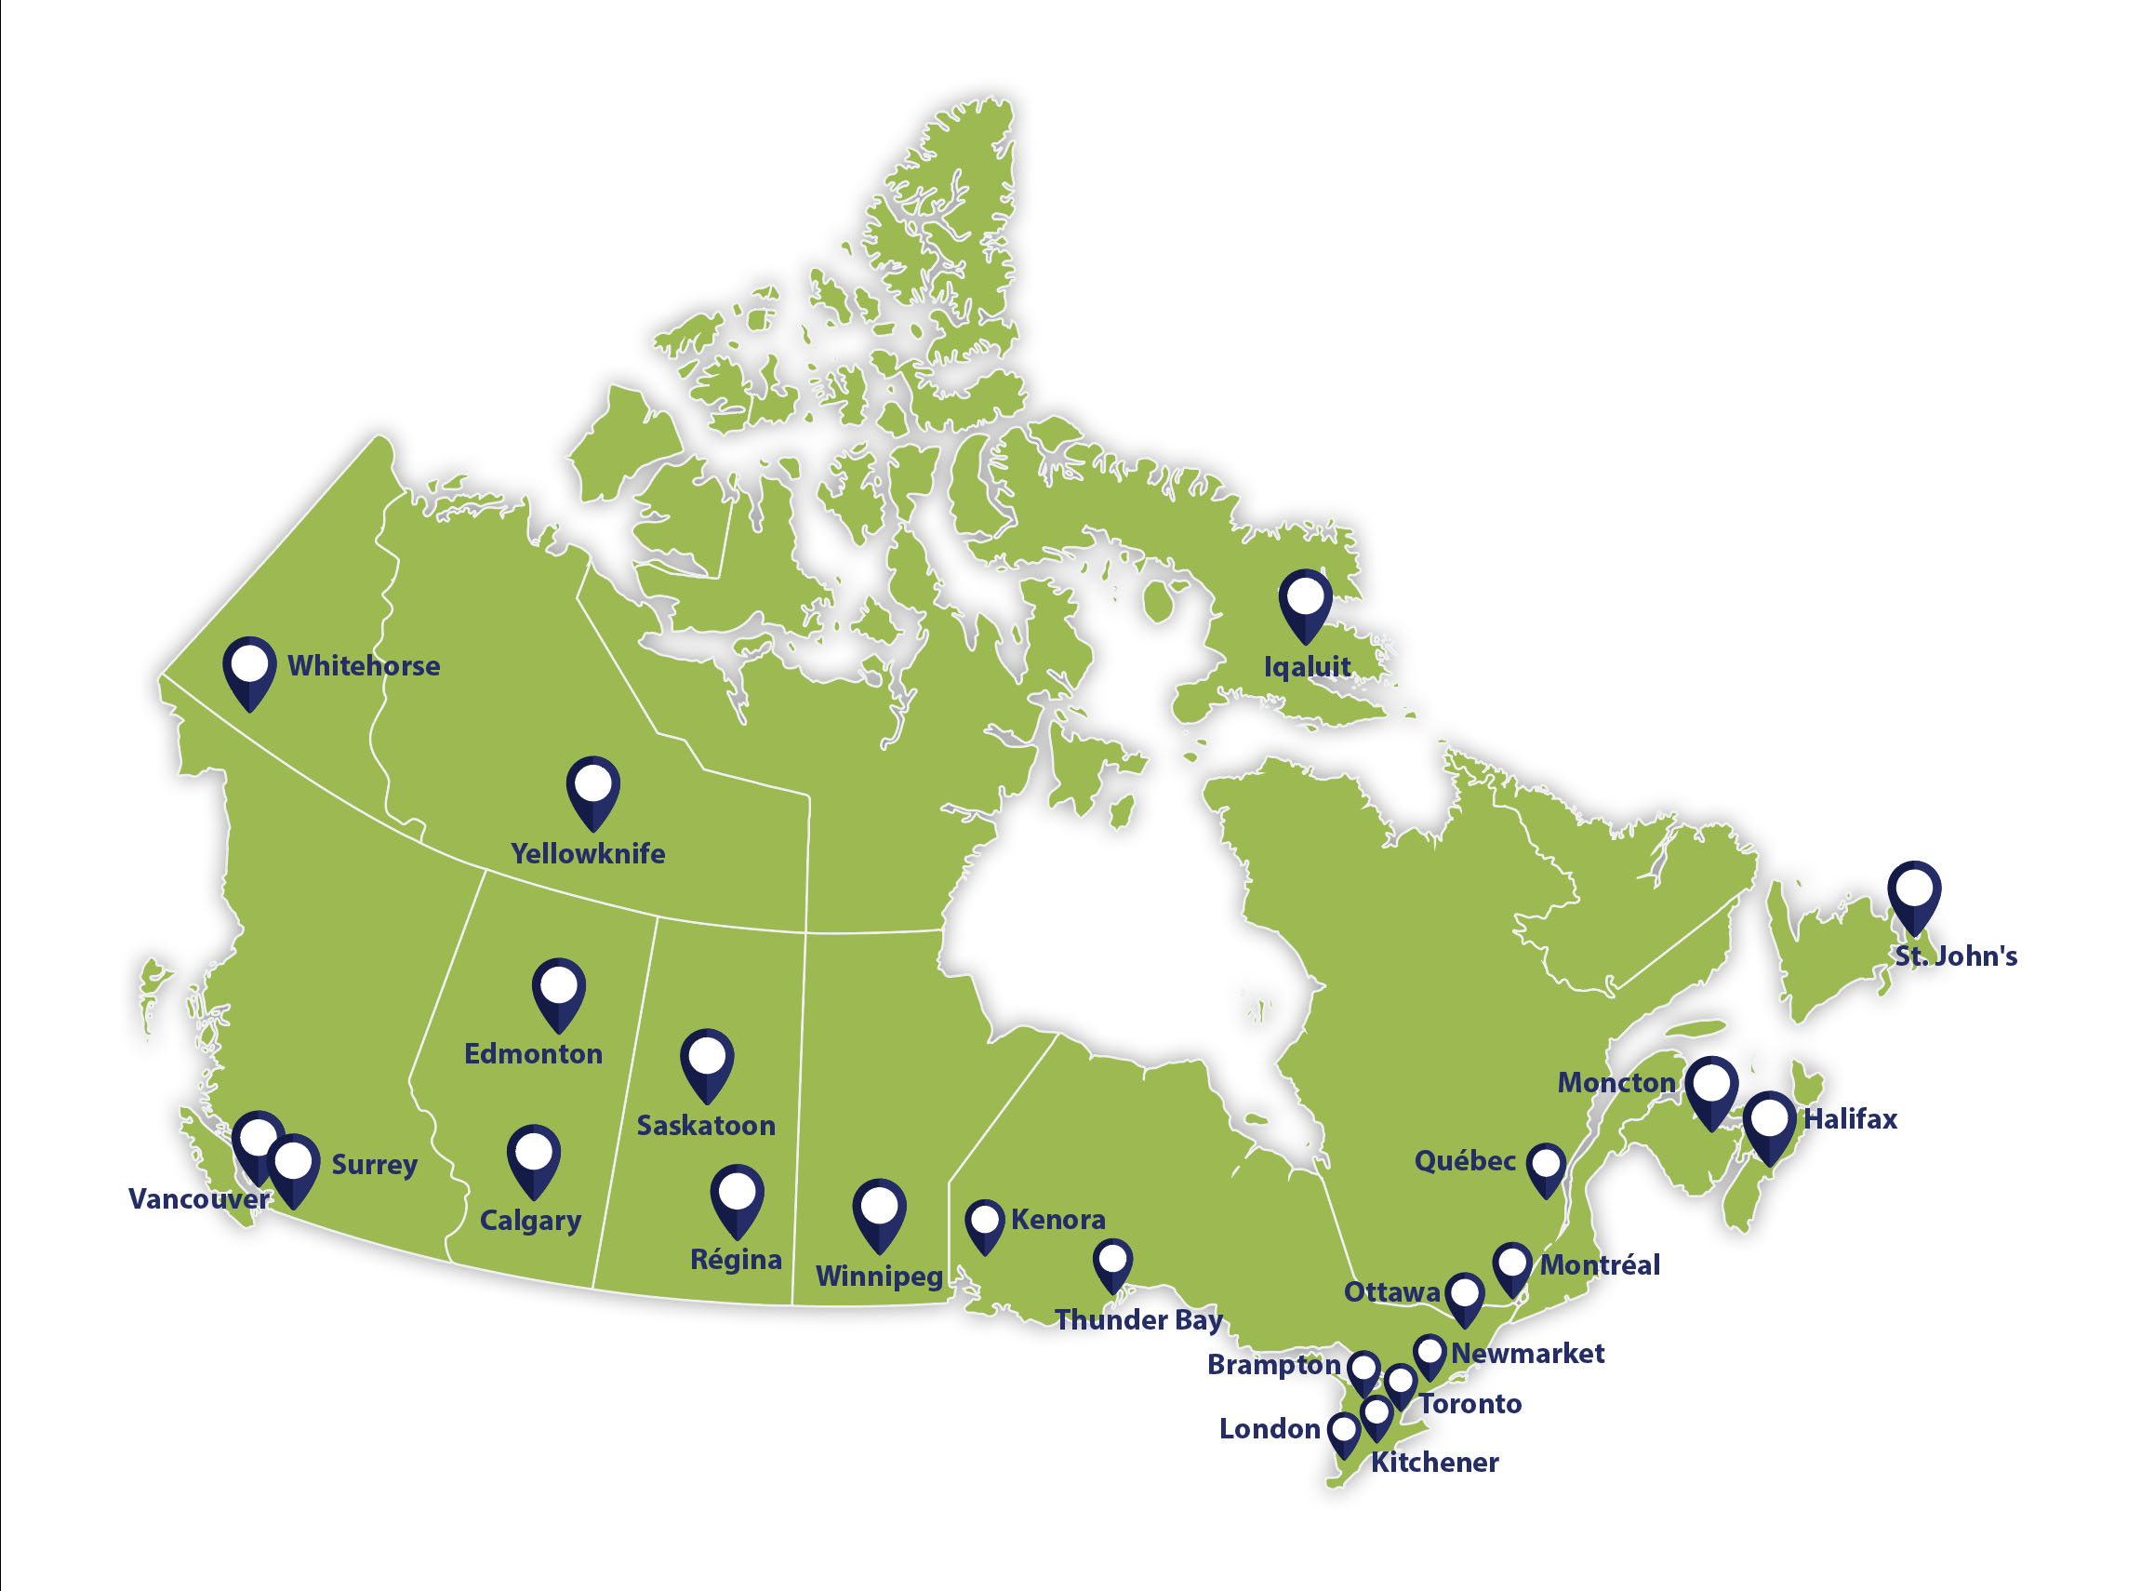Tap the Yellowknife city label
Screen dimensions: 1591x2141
click(x=587, y=853)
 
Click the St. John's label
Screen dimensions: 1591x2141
click(x=1955, y=956)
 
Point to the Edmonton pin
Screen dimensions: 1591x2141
click(x=558, y=991)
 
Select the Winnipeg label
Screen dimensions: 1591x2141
click(x=879, y=1277)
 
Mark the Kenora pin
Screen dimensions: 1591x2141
click(x=984, y=1223)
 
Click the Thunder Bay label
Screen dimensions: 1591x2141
click(x=1137, y=1319)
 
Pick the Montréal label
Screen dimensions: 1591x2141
click(x=1599, y=1264)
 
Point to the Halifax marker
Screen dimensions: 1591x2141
click(x=1768, y=1124)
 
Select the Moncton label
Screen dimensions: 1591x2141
click(x=1616, y=1082)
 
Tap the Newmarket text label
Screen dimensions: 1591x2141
click(x=1527, y=1353)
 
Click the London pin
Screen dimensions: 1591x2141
click(x=1344, y=1432)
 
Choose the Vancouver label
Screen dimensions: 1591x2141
click(x=198, y=1199)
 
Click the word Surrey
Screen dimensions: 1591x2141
click(x=374, y=1164)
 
